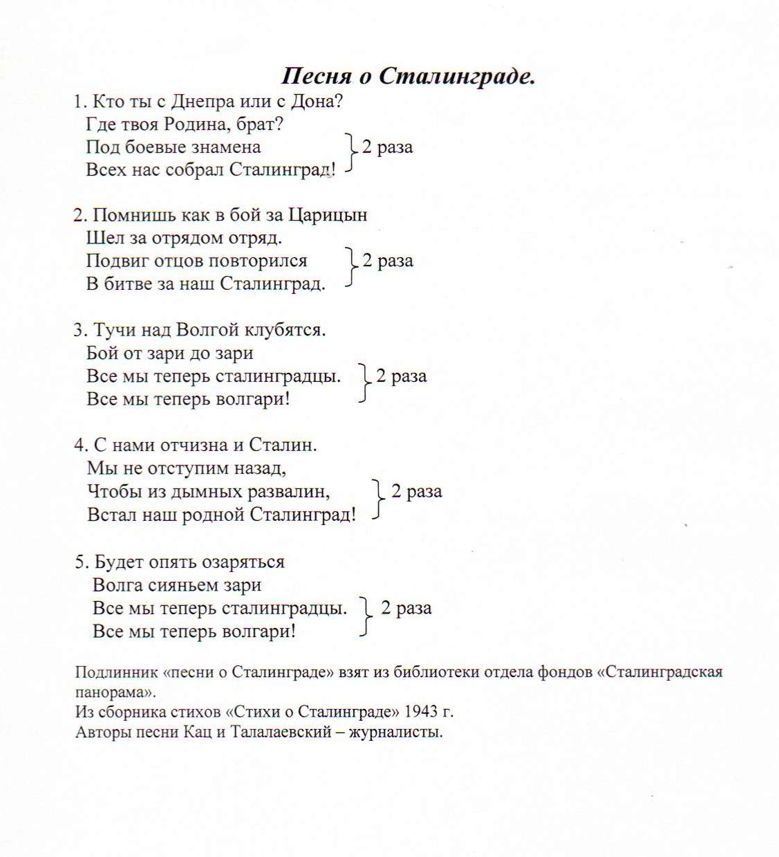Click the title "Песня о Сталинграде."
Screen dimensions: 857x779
tap(409, 76)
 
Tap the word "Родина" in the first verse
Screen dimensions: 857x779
tap(202, 125)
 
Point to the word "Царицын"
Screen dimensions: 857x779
tap(328, 215)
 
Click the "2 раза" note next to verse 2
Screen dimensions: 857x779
tap(388, 261)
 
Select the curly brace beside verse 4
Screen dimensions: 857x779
tap(378, 498)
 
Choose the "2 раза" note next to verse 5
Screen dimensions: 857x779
tap(406, 608)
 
